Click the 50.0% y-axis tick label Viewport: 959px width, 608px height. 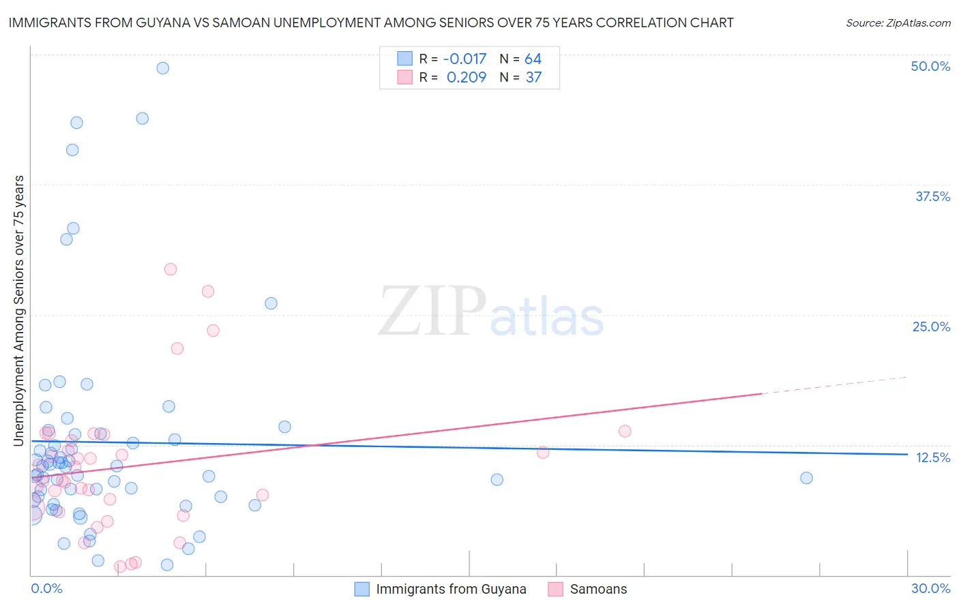[930, 67]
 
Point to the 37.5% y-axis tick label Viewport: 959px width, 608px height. [932, 196]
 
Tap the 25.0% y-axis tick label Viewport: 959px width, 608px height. [931, 326]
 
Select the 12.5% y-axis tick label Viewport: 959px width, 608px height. [932, 457]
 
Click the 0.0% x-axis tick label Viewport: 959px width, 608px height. [46, 588]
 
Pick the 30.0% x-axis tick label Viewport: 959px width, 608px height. [930, 588]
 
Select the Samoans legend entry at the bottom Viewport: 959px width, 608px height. [598, 589]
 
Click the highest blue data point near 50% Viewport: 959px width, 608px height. [162, 68]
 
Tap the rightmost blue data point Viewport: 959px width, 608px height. [806, 478]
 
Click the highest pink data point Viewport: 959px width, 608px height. [171, 269]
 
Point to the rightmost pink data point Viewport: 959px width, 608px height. [625, 431]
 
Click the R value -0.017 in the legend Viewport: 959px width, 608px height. [464, 59]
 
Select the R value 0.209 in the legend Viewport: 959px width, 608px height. [467, 78]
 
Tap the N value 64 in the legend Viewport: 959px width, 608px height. [533, 59]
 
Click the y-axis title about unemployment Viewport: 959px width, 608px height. [18, 311]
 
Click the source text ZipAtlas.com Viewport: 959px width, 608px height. [898, 23]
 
